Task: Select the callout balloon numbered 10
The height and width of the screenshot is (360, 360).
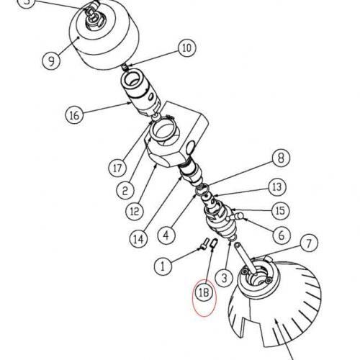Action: point(186,49)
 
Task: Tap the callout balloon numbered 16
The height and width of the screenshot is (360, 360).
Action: point(73,114)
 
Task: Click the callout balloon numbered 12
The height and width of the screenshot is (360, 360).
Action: point(134,212)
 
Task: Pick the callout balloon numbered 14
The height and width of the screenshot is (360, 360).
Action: point(139,238)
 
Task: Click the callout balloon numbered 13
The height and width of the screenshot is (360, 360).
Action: point(276,186)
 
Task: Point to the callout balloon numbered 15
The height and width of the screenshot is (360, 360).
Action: point(279,211)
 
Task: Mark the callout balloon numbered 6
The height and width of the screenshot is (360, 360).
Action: point(281,234)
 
